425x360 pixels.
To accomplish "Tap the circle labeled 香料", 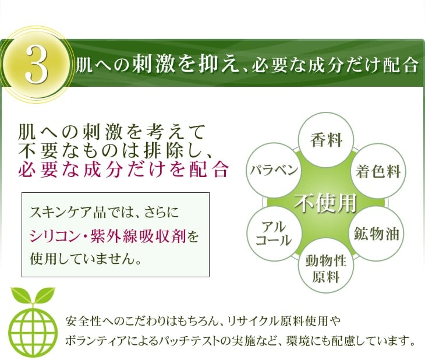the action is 326,140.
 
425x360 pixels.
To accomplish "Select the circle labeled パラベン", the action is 274,170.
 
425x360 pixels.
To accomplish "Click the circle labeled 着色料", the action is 378,171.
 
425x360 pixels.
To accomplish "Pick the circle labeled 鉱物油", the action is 376,234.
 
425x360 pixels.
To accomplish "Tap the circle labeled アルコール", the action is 274,234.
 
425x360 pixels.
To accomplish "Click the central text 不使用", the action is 325,203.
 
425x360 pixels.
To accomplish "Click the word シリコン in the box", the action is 54,237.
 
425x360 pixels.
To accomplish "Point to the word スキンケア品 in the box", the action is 67,212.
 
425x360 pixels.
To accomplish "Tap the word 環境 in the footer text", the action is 298,341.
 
